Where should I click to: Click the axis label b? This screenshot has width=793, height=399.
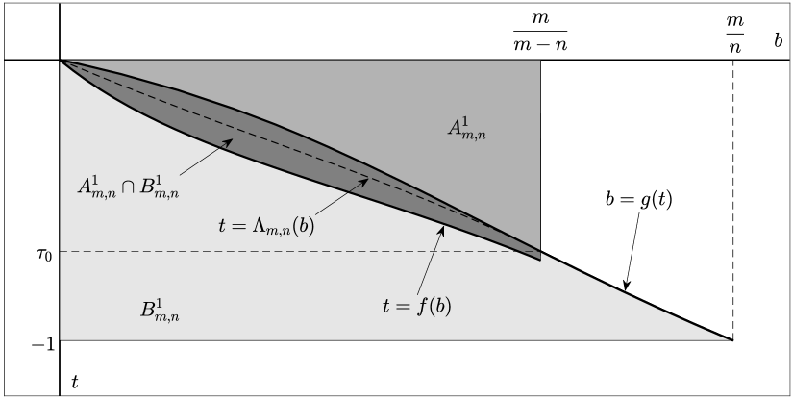779,43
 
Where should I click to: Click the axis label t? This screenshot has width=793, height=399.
75,382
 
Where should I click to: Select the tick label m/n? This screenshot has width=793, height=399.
733,32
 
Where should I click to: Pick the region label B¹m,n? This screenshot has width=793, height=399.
159,310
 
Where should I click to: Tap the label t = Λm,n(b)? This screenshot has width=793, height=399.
262,228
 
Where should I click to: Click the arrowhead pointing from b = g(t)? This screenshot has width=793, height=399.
626,287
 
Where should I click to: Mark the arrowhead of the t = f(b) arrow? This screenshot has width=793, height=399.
443,228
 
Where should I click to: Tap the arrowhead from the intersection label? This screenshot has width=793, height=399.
232,141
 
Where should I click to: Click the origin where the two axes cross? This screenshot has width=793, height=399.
61,60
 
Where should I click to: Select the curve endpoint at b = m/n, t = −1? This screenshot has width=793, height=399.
732,340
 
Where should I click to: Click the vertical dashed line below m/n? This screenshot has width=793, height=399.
732,192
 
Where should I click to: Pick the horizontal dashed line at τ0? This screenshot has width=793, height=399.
288,252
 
